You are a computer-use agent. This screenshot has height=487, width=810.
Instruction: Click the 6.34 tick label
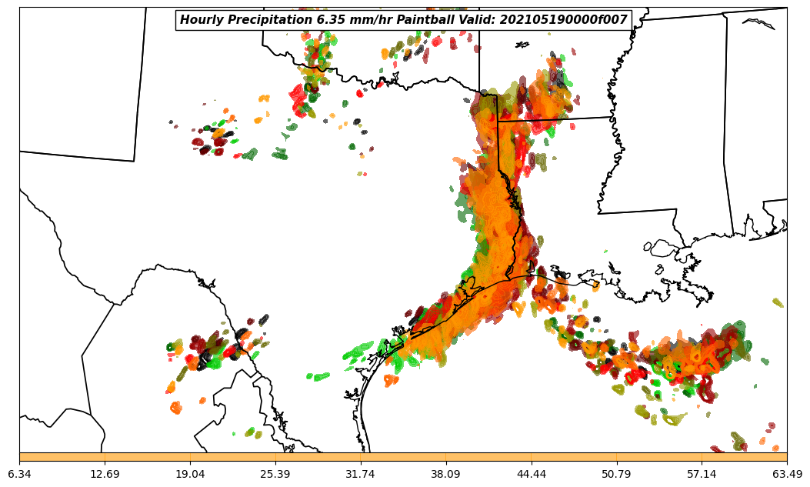(19, 474)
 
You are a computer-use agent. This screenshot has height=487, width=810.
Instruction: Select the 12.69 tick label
(105, 474)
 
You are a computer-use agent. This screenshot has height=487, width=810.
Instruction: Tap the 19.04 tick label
(190, 474)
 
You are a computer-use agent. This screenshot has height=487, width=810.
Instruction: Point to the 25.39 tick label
(275, 474)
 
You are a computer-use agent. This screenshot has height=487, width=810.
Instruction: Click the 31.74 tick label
(360, 474)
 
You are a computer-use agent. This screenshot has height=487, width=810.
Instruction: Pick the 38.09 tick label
(445, 474)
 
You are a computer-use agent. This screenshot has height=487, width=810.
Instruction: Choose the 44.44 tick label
(531, 474)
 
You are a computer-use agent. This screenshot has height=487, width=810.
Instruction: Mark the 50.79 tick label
(616, 474)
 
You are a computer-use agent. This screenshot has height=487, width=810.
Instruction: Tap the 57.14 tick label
(702, 474)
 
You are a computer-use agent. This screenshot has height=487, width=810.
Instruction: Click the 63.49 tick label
(786, 474)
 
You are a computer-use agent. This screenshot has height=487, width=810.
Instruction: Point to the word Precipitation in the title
(268, 20)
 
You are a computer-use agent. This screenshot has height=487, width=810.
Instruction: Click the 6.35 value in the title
(328, 20)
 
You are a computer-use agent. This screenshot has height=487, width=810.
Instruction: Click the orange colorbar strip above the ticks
(403, 457)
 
